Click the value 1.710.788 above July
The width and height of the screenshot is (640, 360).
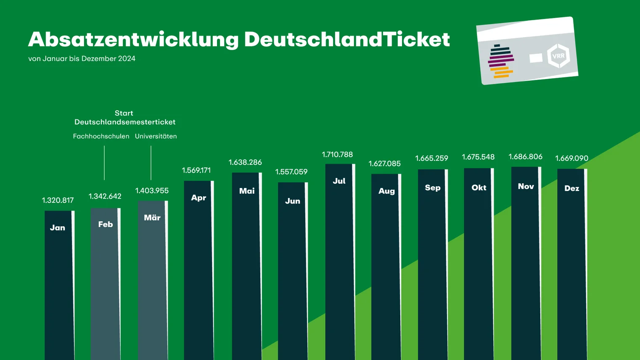[337, 155]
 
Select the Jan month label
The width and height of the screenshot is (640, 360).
[58, 228]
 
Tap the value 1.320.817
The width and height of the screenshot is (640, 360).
[58, 200]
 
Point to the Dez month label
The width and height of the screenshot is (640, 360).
[571, 188]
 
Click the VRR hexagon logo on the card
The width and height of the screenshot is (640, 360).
[558, 56]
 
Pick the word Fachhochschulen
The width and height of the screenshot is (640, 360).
[101, 136]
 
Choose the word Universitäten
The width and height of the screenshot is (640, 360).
[156, 136]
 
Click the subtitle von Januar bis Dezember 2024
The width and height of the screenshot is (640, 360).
[82, 59]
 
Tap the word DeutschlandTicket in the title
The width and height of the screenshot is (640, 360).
[347, 40]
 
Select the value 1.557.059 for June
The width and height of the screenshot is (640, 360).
[291, 172]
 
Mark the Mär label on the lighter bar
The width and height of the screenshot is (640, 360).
[152, 218]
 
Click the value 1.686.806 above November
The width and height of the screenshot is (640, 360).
[525, 157]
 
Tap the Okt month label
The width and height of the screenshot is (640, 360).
[479, 188]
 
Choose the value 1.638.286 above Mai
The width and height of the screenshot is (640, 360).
[245, 162]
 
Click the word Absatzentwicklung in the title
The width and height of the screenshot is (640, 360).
[133, 40]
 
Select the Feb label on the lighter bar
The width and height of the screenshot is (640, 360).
[106, 225]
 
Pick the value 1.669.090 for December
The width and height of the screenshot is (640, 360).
[571, 159]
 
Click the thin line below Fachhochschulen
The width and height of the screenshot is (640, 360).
[104, 163]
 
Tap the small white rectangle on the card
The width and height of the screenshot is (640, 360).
[536, 58]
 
